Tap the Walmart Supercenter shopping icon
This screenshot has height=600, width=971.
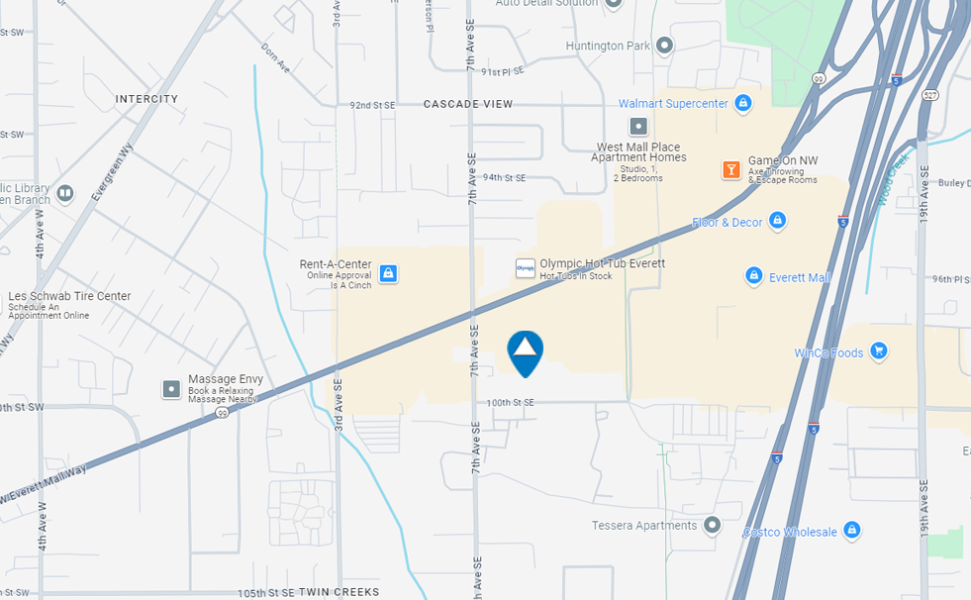743,103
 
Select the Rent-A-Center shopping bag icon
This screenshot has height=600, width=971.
388,272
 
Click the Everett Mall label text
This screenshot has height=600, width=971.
800,277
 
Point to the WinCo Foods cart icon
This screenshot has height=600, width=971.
878,351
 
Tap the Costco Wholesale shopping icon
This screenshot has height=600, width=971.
851,531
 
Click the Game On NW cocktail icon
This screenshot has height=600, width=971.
730,169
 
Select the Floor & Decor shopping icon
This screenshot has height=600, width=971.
777,220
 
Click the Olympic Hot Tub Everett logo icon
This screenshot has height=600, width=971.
526,268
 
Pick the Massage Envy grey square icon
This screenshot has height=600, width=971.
172,388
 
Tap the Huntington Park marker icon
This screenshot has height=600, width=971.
664,46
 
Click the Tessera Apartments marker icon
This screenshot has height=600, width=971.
712,525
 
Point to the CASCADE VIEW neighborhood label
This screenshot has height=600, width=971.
468,104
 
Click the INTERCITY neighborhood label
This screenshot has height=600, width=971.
146,99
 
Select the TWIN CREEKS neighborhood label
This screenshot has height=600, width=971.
339,592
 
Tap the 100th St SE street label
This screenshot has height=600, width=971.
510,403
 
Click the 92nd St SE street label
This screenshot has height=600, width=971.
372,105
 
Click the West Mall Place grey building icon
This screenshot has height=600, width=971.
638,127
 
